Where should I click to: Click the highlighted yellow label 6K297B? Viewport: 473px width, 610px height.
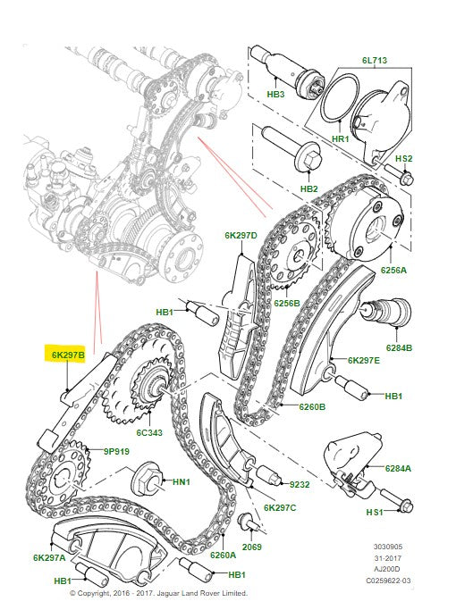pos(68,355)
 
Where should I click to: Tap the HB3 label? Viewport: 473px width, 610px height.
pos(276,94)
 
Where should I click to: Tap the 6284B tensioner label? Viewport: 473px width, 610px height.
pos(400,349)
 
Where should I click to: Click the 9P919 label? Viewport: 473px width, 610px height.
pos(117,452)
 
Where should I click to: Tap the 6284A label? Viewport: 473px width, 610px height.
pos(399,468)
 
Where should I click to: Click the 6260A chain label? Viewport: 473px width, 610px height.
pos(222,554)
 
